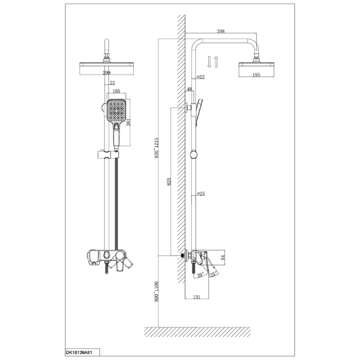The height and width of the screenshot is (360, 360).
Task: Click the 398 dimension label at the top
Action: pos(221,31)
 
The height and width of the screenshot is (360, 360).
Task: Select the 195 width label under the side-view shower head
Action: pos(256,75)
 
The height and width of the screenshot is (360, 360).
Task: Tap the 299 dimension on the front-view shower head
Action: pos(107,73)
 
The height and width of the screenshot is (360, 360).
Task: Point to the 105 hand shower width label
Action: pos(117,91)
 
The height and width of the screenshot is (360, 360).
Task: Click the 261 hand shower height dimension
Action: pos(128,122)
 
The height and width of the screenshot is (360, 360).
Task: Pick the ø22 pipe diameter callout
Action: pos(201,77)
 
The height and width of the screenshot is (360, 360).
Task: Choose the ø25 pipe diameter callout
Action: pos(201,194)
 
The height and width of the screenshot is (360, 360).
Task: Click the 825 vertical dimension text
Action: pos(169,181)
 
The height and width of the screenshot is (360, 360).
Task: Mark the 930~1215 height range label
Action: pos(156,148)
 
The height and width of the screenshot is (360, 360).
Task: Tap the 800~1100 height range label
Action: pos(156,291)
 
